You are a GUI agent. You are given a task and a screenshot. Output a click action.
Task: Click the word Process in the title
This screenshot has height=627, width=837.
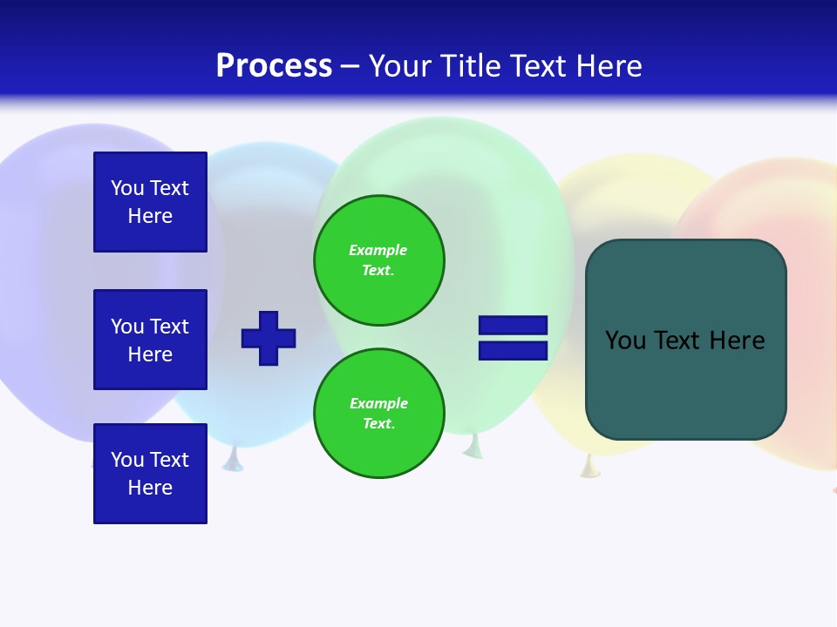tap(274, 66)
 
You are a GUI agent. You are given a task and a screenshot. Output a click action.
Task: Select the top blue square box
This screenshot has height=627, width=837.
tap(150, 202)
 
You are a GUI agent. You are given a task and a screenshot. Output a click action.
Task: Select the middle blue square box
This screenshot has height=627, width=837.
tap(150, 340)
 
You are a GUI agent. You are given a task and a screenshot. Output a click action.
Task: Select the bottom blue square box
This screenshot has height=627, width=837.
tap(150, 474)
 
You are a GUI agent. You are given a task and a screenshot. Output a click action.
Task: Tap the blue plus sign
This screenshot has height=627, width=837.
tap(269, 338)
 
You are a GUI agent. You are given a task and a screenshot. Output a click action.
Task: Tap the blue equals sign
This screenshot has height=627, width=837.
tap(513, 338)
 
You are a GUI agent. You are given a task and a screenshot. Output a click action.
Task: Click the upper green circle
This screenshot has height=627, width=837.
tap(379, 260)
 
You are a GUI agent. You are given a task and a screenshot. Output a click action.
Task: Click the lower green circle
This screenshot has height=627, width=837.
tap(379, 414)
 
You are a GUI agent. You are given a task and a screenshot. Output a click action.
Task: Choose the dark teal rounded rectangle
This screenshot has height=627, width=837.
tap(685, 340)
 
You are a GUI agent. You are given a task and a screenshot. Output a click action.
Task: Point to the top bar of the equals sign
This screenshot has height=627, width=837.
tap(513, 326)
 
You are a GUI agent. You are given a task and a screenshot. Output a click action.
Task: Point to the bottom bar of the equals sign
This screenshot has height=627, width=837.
tap(513, 350)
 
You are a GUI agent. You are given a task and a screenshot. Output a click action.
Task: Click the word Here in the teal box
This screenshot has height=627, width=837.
tap(737, 340)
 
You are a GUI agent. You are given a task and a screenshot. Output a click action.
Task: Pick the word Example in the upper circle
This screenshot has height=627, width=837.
tap(378, 250)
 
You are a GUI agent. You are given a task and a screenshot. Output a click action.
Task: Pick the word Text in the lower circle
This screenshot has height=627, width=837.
tap(378, 424)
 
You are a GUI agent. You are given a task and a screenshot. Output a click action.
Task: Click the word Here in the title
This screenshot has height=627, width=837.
tap(607, 66)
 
